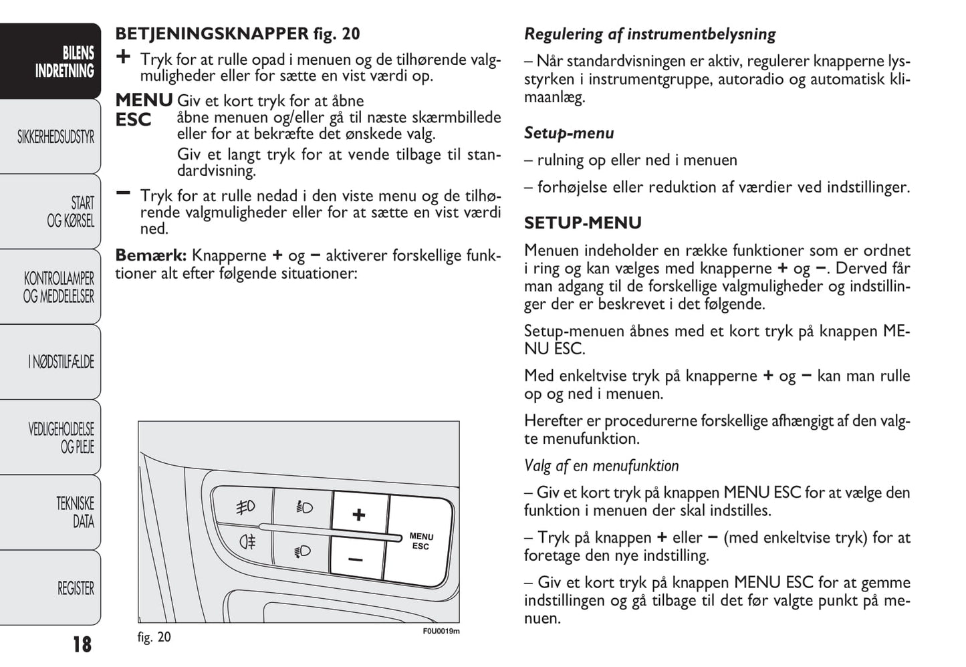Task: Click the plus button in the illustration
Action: tap(359, 514)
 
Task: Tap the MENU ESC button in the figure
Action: tap(420, 541)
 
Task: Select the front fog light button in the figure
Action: tap(245, 507)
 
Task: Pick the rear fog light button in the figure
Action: tap(247, 541)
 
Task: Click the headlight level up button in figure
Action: tap(304, 508)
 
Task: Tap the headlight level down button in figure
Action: tap(302, 551)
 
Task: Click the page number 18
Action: tap(82, 644)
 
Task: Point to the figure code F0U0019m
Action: tap(441, 631)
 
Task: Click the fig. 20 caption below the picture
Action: tap(154, 637)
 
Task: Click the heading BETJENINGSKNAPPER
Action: tap(212, 33)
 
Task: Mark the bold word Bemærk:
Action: tap(150, 255)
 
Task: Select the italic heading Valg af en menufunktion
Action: tap(601, 466)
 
